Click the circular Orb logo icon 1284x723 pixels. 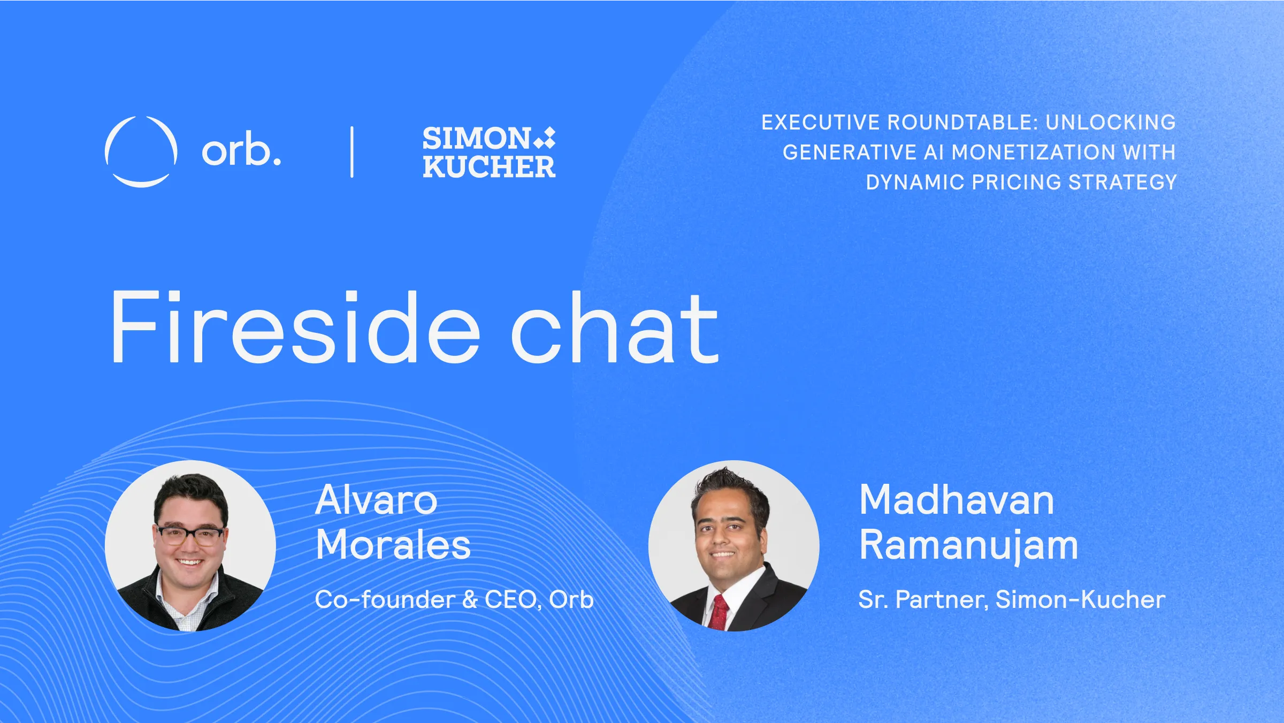[141, 151]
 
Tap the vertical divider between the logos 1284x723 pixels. [352, 152]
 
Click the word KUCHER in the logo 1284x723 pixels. [489, 167]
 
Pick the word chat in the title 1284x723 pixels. [614, 328]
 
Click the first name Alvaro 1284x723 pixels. [376, 500]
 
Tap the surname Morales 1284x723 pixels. [393, 545]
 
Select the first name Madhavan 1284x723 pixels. [957, 500]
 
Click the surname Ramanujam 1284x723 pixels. [968, 546]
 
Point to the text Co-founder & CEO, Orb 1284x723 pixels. [454, 599]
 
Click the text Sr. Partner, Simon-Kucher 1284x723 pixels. [1012, 599]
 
